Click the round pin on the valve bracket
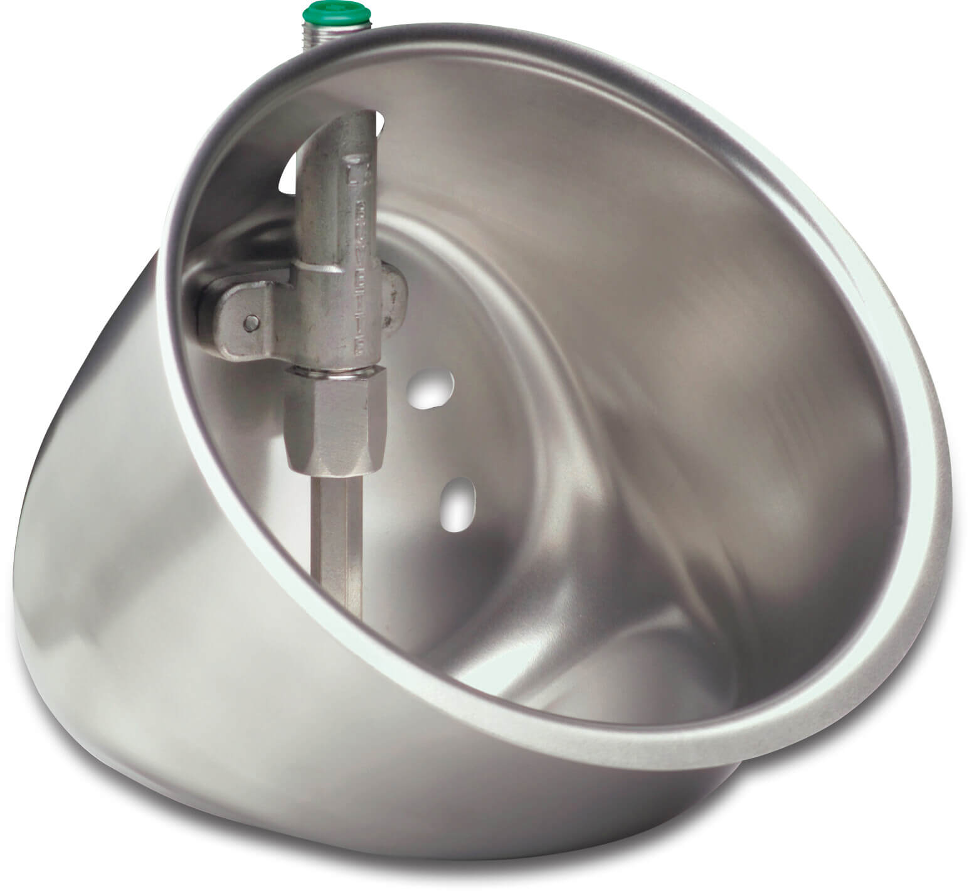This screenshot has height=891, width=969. [252, 321]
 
